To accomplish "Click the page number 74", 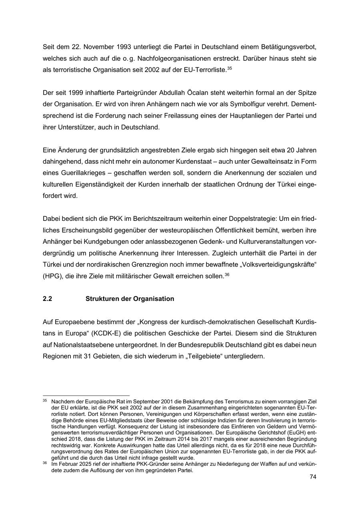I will click(313, 477).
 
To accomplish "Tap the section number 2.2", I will click(48, 299).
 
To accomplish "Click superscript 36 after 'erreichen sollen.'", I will click(226, 274).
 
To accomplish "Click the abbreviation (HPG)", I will click(52, 276).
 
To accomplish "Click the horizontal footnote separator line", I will click(86, 395).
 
